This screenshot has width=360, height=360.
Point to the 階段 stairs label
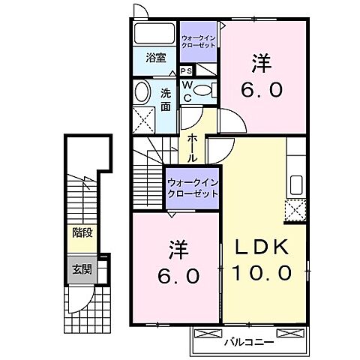[82, 232]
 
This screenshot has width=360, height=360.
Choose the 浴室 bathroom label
[155, 57]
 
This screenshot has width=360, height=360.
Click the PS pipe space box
[185, 70]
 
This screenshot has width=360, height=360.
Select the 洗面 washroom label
[166, 100]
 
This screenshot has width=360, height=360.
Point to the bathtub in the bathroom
[155, 34]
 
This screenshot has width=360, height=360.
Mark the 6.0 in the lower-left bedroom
[178, 276]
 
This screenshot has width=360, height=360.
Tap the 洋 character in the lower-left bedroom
[177, 247]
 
